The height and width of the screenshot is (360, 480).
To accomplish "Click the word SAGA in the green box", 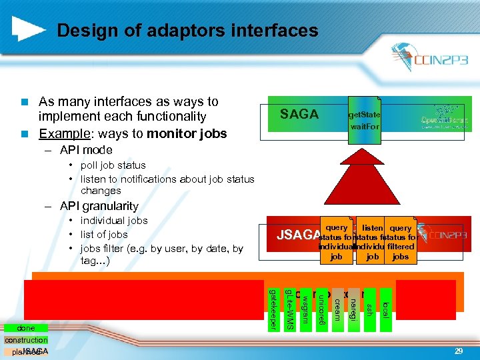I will pyautogui.click(x=299, y=115).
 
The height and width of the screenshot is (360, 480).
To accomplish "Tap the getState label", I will pyautogui.click(x=364, y=115).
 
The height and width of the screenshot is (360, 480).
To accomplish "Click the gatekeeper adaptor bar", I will pyautogui.click(x=273, y=308).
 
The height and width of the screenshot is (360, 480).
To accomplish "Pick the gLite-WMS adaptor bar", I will pyautogui.click(x=289, y=308).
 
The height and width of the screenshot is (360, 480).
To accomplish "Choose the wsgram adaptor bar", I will pyautogui.click(x=305, y=305).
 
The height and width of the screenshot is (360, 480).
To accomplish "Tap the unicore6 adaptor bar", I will pyautogui.click(x=321, y=308).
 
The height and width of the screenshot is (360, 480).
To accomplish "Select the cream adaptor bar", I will pyautogui.click(x=337, y=304).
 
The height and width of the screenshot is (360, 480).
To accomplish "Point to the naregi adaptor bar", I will pyautogui.click(x=353, y=305).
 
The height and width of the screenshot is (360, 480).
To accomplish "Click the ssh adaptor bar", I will pyautogui.click(x=369, y=303).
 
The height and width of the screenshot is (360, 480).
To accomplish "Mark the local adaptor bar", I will pyautogui.click(x=385, y=304).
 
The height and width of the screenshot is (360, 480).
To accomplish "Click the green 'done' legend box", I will pyautogui.click(x=26, y=328).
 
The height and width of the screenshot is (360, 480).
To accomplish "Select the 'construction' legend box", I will pyautogui.click(x=26, y=340).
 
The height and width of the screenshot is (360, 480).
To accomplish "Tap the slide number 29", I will pyautogui.click(x=458, y=351).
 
